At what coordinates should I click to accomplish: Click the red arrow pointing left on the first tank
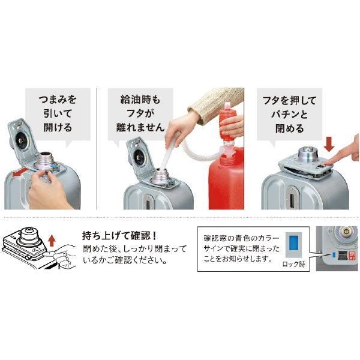pos(20,172)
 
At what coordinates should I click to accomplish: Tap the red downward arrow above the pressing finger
pos(329,144)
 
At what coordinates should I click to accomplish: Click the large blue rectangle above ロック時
pos(293,244)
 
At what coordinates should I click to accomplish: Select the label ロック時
pos(294,264)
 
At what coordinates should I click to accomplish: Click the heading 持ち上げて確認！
pos(119,235)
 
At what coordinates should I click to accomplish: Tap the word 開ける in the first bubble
pos(58,128)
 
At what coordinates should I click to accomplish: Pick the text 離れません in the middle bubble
pos(140,127)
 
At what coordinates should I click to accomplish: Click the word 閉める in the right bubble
pos(290,128)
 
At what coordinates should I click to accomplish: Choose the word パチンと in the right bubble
pos(290,115)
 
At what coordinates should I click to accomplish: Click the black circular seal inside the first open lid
pos(21,140)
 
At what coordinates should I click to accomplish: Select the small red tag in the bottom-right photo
pos(352,255)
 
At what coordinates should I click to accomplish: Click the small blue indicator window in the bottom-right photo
pos(334,254)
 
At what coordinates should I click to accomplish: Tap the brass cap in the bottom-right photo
pos(346,232)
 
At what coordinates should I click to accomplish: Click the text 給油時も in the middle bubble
pos(140,100)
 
